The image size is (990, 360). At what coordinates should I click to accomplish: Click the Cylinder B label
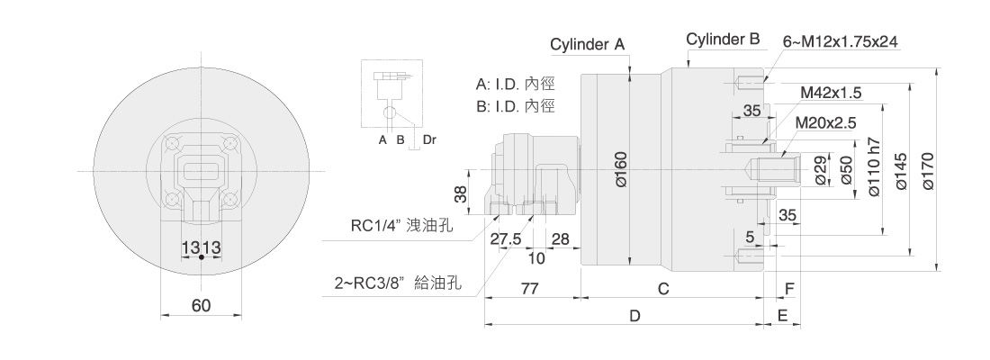pyautogui.click(x=723, y=40)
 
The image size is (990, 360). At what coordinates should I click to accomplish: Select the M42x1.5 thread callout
pyautogui.click(x=832, y=92)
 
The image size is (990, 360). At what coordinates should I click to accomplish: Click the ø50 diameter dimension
pyautogui.click(x=845, y=170)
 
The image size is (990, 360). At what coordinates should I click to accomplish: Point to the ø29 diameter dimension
pyautogui.click(x=820, y=170)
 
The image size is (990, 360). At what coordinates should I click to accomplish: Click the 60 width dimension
pyautogui.click(x=201, y=306)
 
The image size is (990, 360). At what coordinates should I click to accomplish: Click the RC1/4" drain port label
pyautogui.click(x=401, y=226)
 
